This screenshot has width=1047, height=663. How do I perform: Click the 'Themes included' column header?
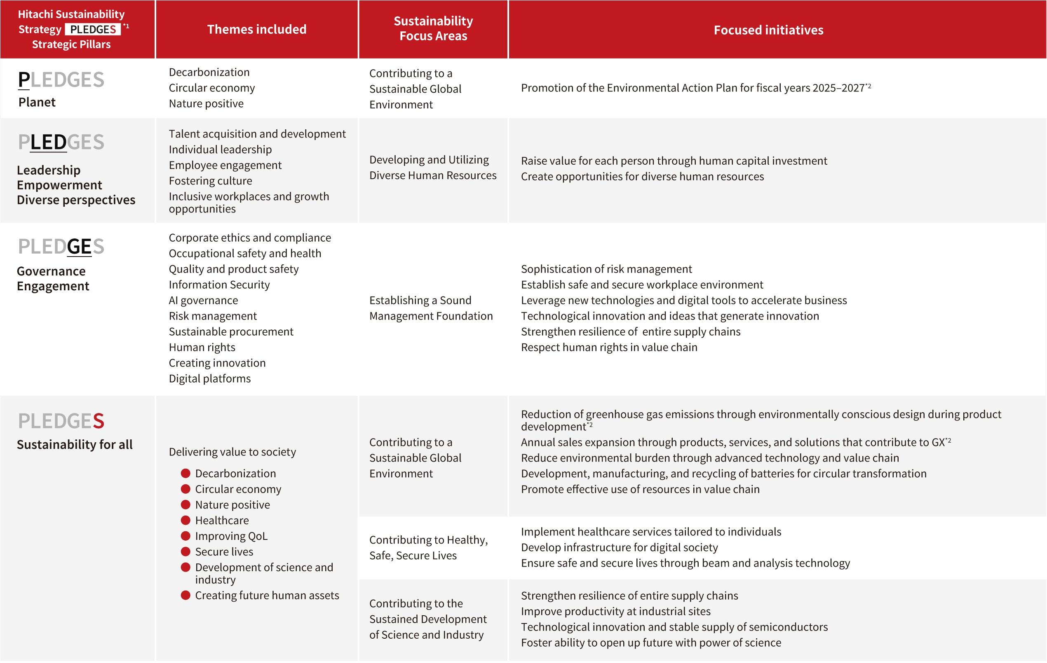point(256,29)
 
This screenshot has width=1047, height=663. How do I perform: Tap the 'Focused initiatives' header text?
point(768,30)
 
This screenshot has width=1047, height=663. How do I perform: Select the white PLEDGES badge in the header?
point(93,29)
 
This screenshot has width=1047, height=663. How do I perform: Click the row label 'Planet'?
point(37,102)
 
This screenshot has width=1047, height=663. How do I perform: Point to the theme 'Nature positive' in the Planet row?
point(206,103)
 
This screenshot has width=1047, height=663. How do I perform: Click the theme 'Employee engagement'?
point(225,165)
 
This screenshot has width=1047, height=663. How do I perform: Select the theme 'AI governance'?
point(203,300)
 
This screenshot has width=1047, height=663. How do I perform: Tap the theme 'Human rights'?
point(202,347)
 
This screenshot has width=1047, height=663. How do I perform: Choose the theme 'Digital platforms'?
point(209,378)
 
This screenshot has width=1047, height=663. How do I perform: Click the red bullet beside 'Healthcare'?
point(185,520)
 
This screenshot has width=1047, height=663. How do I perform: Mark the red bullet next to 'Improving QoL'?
point(185,536)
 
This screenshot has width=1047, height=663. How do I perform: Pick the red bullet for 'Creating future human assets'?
point(185,595)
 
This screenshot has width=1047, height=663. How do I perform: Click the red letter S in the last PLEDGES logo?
point(99,420)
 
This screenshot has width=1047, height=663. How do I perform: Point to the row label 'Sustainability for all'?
point(74,444)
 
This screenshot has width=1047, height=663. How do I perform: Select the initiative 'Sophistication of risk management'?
point(606,269)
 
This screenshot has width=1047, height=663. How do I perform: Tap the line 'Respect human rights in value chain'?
point(609,347)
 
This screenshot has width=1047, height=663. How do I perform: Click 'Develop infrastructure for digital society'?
point(619,547)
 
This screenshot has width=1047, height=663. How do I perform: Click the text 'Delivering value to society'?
point(232,452)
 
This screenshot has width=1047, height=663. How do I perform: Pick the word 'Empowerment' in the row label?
point(59,185)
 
